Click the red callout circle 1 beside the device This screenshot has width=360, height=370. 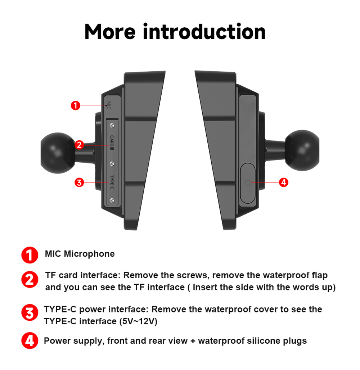click(x=76, y=105)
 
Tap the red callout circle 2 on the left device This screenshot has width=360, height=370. click(x=79, y=145)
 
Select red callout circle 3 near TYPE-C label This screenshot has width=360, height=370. click(x=79, y=182)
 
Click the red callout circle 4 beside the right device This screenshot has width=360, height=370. click(x=284, y=182)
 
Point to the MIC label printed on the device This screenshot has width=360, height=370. click(x=109, y=105)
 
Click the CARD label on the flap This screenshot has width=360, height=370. click(x=112, y=143)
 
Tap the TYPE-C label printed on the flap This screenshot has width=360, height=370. click(x=112, y=182)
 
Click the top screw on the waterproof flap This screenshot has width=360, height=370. click(x=112, y=126)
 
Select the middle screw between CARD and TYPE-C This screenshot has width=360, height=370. click(x=112, y=163)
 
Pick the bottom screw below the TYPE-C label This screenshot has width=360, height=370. click(x=112, y=200)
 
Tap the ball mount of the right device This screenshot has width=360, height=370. click(x=302, y=150)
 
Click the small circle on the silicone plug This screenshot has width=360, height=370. click(x=248, y=182)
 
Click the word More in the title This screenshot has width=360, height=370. click(x=110, y=32)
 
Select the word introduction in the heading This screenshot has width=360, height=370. click(x=204, y=31)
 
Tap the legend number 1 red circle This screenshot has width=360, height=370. click(x=30, y=255)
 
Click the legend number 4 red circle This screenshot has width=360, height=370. click(x=30, y=340)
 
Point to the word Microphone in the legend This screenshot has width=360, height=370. click(x=89, y=254)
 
